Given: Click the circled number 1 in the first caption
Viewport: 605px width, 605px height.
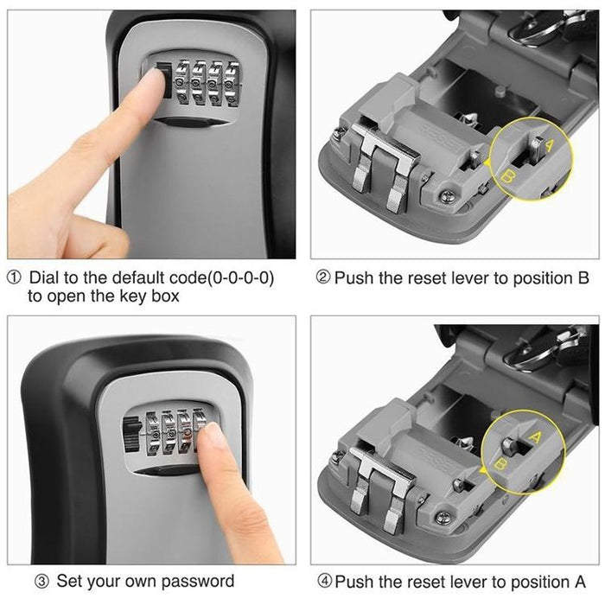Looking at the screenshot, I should coord(16,278).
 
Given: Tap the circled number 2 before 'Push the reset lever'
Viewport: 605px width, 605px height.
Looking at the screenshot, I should coord(323,278).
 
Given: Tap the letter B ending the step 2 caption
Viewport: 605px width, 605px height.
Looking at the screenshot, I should coord(583,278).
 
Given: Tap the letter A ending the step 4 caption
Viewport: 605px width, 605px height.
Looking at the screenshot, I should coord(583,581).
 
